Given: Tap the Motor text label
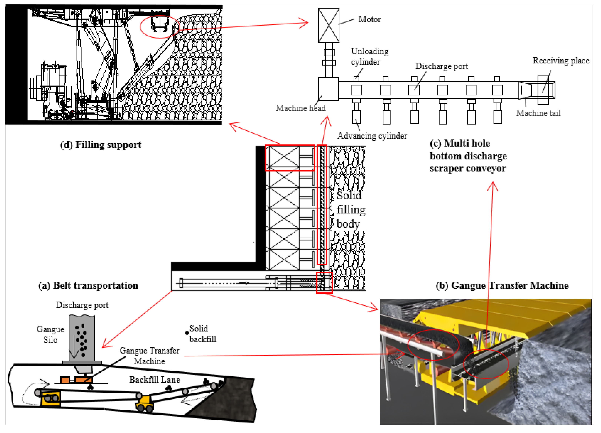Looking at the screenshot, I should [369, 19].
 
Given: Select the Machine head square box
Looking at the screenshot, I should [328, 89].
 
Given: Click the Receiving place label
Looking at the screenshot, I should [561, 60].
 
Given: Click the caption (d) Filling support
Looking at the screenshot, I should [101, 145].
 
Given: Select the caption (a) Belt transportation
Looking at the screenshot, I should [88, 286].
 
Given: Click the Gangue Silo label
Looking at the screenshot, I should [50, 334].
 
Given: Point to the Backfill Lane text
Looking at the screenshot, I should [155, 380].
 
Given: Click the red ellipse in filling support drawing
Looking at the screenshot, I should [160, 26].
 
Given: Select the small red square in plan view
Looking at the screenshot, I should [324, 282].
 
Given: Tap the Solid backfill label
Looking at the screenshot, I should [202, 334].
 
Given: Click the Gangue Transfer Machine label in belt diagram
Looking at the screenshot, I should [150, 356].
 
